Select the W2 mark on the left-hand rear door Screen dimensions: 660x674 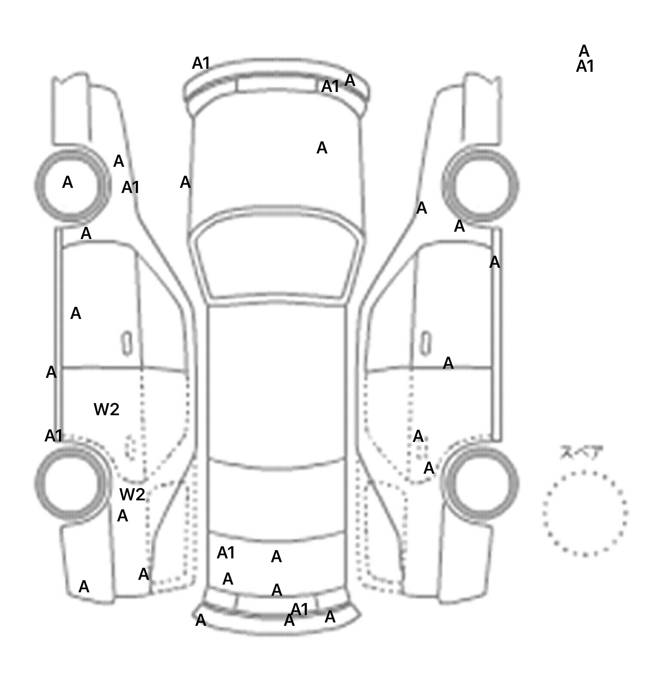(106, 410)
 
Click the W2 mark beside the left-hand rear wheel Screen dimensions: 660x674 (132, 495)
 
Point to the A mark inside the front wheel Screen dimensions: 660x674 (67, 182)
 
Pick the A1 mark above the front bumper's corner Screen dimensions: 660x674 (201, 63)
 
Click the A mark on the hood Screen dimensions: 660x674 (322, 148)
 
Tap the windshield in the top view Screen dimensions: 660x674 (277, 255)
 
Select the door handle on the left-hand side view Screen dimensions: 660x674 (127, 343)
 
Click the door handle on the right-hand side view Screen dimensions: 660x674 (426, 343)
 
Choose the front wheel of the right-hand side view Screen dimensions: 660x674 (480, 186)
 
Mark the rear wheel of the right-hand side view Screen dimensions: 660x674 (480, 482)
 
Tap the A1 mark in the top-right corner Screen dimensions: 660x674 (585, 67)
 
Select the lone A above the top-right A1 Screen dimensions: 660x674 (584, 51)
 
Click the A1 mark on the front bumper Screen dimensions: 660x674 (330, 86)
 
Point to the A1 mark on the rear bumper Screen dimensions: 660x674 (299, 609)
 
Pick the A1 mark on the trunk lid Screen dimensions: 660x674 (226, 553)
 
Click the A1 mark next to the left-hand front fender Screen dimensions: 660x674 (131, 187)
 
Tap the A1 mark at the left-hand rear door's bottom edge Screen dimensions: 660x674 (54, 436)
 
